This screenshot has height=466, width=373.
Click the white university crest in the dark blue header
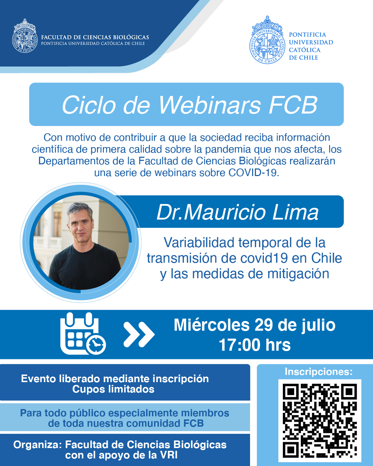(x=25, y=36)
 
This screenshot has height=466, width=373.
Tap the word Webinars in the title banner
(x=210, y=105)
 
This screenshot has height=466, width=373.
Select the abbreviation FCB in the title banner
(x=293, y=105)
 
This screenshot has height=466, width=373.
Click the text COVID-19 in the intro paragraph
(x=254, y=173)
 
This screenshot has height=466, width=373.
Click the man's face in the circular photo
(x=80, y=224)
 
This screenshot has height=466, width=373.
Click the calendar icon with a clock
(x=83, y=333)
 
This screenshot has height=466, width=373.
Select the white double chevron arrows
(x=139, y=334)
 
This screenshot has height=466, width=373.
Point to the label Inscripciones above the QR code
(x=318, y=371)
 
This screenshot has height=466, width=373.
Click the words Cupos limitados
(x=113, y=389)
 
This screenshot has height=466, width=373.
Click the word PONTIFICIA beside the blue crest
(x=307, y=35)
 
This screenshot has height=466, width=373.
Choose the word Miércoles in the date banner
(x=212, y=325)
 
